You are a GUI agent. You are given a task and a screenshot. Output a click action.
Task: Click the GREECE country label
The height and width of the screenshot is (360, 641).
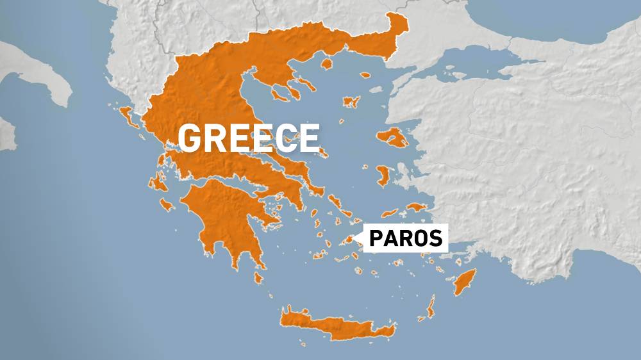coord(249,137)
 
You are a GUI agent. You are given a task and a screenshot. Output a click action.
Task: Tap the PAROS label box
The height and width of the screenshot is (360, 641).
coord(404,238)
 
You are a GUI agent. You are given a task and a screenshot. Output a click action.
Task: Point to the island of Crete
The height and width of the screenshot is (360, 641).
coord(333,326)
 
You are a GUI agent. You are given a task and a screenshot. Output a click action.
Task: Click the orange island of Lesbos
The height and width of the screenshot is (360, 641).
coord(392,137)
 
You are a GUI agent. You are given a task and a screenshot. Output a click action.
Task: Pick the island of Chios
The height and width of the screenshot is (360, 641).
coord(384,176)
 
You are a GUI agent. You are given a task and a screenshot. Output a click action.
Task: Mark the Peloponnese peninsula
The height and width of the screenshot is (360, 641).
coord(224,218)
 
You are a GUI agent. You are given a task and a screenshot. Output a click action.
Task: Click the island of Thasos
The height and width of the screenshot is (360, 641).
coord(325,63)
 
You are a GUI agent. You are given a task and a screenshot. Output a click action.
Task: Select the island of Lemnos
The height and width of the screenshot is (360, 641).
coord(350,102)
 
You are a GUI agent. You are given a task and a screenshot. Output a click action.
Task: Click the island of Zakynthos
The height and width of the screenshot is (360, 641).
coord(167,205)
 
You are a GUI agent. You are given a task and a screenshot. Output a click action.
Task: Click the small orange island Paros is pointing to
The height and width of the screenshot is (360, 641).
coord(349,240)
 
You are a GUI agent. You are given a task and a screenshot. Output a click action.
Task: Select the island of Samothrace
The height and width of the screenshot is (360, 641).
coord(365,75)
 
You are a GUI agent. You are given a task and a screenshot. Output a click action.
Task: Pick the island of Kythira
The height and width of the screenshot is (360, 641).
coord(258,278)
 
